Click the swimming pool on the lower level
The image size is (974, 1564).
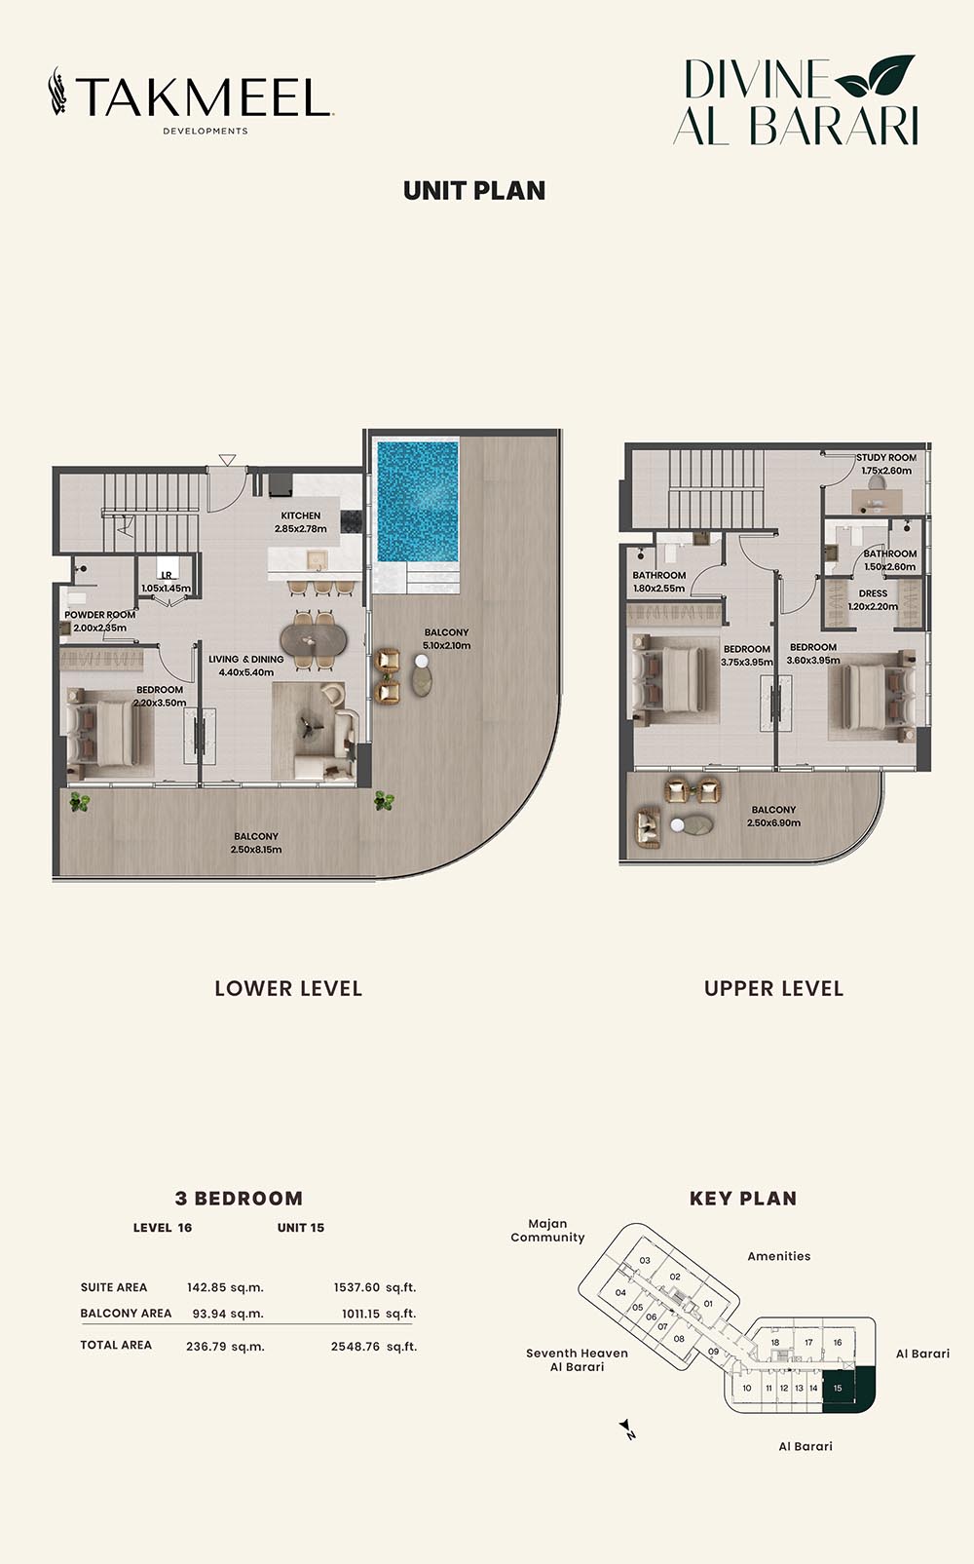(418, 499)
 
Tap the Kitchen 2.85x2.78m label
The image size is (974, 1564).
(301, 522)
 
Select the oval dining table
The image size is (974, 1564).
(314, 638)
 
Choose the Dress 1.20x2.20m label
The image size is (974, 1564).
(873, 599)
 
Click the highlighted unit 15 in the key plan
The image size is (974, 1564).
(848, 1389)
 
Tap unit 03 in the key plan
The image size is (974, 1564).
(645, 1260)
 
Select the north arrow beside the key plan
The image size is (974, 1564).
(627, 1430)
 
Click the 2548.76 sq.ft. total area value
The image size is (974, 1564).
(374, 1346)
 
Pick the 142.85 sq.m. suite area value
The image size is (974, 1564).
(225, 1287)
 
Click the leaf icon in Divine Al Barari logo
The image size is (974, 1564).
(875, 75)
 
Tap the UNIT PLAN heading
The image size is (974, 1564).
(474, 191)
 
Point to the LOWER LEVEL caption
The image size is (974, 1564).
(288, 989)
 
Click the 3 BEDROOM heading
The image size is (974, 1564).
(240, 1199)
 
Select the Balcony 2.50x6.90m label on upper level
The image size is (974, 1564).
(773, 817)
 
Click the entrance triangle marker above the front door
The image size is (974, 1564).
(227, 459)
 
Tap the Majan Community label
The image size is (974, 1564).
(547, 1231)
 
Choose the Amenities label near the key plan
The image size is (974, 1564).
(778, 1256)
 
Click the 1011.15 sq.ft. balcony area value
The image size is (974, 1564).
(379, 1314)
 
